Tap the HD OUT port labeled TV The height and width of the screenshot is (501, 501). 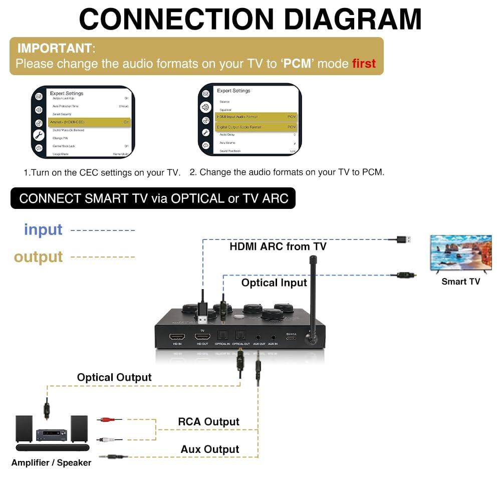[x=202, y=337]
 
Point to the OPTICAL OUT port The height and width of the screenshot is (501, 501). [x=241, y=336]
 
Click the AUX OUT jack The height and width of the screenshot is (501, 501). [x=259, y=337]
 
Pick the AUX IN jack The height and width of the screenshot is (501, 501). [x=273, y=337]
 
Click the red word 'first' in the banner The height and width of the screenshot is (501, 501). [x=364, y=64]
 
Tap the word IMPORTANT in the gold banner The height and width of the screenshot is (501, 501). [x=55, y=49]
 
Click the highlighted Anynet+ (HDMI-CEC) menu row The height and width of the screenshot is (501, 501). [x=89, y=122]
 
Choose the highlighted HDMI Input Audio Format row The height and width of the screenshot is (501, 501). [x=256, y=117]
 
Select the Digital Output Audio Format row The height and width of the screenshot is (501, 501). [x=256, y=127]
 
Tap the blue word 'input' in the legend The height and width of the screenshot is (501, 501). [x=43, y=229]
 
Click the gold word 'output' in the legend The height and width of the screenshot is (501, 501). [x=39, y=257]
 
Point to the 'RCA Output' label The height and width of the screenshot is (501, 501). [x=208, y=422]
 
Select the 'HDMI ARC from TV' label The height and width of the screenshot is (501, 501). [x=278, y=246]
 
